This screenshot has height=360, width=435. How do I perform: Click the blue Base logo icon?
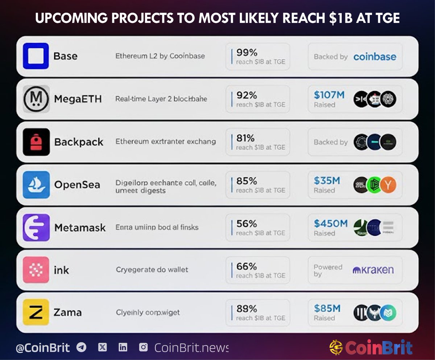(x=36, y=56)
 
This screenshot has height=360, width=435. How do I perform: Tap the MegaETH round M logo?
(x=36, y=99)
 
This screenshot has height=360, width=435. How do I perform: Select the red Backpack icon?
(x=36, y=142)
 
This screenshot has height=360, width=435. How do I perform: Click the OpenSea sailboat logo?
(x=36, y=184)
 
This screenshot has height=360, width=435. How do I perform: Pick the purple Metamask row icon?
(x=36, y=227)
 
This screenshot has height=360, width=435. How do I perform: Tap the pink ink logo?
(x=36, y=270)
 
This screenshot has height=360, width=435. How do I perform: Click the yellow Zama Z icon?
(x=36, y=312)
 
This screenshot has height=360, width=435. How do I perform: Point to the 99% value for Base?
(x=246, y=53)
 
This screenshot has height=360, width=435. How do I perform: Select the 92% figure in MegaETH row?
(x=246, y=95)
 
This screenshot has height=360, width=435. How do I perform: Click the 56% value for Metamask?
(x=246, y=224)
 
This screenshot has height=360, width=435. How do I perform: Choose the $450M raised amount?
(x=331, y=224)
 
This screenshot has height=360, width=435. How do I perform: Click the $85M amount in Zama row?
(x=327, y=308)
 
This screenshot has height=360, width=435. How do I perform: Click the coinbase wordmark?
(x=375, y=57)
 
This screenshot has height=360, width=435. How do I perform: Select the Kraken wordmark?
(x=373, y=270)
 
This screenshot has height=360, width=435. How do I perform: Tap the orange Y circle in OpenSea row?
(x=388, y=185)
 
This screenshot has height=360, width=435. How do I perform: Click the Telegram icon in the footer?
(x=82, y=347)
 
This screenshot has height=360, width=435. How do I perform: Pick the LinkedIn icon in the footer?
(x=123, y=347)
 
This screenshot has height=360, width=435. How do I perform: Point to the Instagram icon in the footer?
(x=144, y=347)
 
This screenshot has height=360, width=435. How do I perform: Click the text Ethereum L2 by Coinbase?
(x=160, y=56)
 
